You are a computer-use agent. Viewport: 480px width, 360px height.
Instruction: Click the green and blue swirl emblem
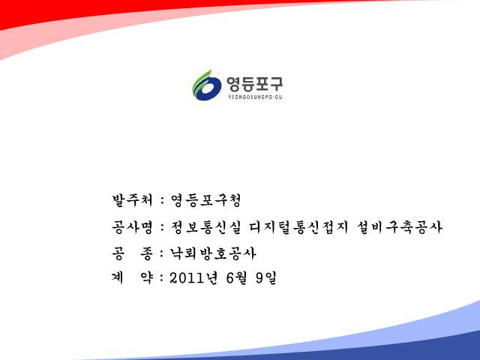(x=207, y=85)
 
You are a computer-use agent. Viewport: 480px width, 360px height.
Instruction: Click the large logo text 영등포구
(x=255, y=84)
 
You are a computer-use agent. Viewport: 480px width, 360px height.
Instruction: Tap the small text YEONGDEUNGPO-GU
(x=255, y=97)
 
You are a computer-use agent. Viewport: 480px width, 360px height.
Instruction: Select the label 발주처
(x=132, y=200)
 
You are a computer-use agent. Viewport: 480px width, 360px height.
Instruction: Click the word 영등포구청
(x=206, y=200)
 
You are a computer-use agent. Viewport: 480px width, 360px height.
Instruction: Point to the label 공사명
(x=132, y=227)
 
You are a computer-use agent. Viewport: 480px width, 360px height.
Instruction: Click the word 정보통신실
(x=206, y=227)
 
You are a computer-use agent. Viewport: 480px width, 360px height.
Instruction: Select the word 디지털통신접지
(x=298, y=227)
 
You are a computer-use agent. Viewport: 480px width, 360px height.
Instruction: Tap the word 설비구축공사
(x=400, y=227)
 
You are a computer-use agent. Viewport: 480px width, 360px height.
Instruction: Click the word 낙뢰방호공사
(x=213, y=253)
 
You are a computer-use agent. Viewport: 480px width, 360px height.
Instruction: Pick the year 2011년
(x=193, y=278)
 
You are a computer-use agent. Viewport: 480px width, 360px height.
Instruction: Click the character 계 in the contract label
(x=118, y=278)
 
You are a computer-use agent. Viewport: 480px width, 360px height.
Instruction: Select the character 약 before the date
(x=146, y=278)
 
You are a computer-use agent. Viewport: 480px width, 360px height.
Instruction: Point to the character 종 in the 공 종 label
(x=146, y=253)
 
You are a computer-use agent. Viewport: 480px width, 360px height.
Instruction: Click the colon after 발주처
(x=162, y=201)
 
